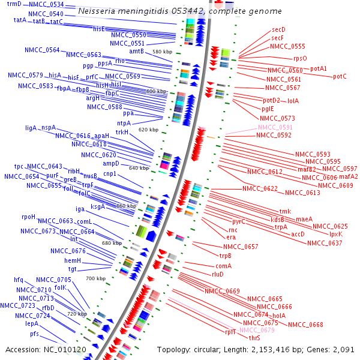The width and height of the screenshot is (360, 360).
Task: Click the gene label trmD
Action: point(14,4)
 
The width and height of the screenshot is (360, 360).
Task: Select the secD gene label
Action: point(278,29)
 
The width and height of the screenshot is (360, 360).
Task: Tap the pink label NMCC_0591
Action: point(275,127)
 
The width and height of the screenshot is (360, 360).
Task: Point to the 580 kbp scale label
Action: point(163,52)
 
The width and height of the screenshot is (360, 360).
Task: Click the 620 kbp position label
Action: point(148,130)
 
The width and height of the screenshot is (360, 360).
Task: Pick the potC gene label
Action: point(340,76)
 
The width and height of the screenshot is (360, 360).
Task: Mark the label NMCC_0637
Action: point(325,243)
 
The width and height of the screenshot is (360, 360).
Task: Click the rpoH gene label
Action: point(29,217)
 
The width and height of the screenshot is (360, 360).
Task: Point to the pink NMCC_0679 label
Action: point(257,330)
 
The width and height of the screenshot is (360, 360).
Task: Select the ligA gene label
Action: point(31,128)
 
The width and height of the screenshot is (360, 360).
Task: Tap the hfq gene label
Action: point(19,280)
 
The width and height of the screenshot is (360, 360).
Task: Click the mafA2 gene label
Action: point(348,176)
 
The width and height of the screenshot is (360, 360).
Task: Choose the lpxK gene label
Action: point(336,234)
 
